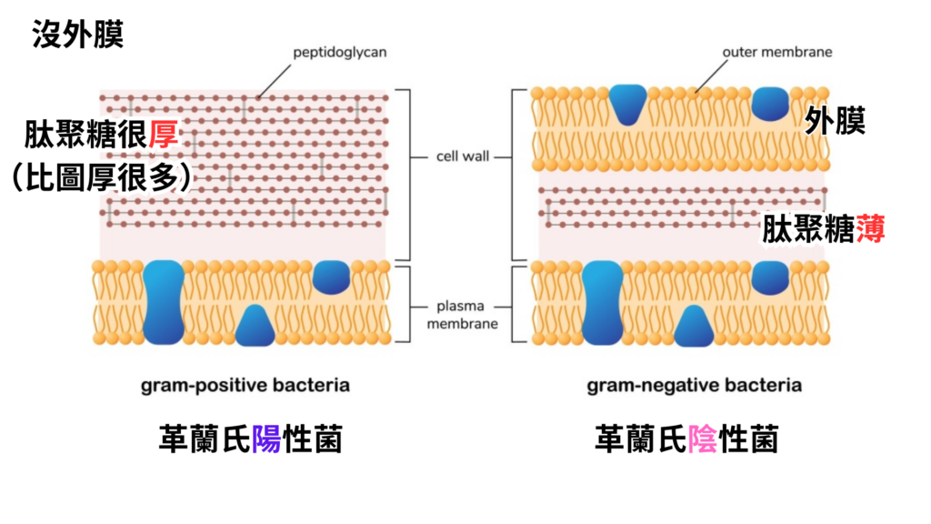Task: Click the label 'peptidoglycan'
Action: tap(339, 52)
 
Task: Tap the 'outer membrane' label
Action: tap(776, 52)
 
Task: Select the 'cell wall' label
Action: tap(461, 156)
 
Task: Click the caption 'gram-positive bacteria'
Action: tap(245, 385)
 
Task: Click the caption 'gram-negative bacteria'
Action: tap(694, 385)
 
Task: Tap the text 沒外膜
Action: tap(77, 35)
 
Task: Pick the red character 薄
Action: tap(869, 227)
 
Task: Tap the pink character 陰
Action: tap(702, 441)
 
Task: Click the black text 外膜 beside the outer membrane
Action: tap(835, 119)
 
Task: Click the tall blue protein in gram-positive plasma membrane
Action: tap(164, 302)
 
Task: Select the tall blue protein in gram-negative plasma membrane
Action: tap(601, 302)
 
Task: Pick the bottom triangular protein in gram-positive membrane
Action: tap(255, 327)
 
